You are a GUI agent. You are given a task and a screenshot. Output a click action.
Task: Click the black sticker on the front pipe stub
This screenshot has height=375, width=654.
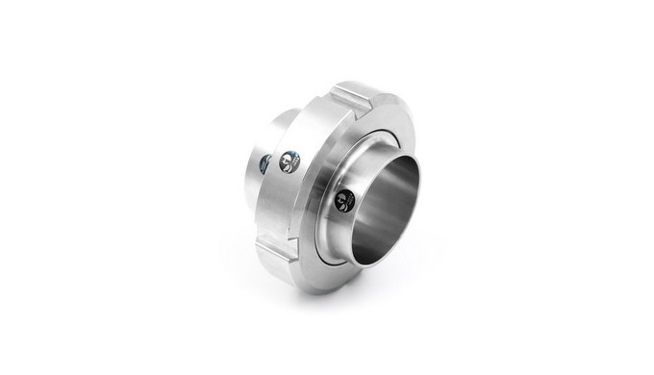point(344,200)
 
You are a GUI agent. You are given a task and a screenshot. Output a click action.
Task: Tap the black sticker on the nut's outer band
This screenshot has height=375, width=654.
point(288,162)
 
